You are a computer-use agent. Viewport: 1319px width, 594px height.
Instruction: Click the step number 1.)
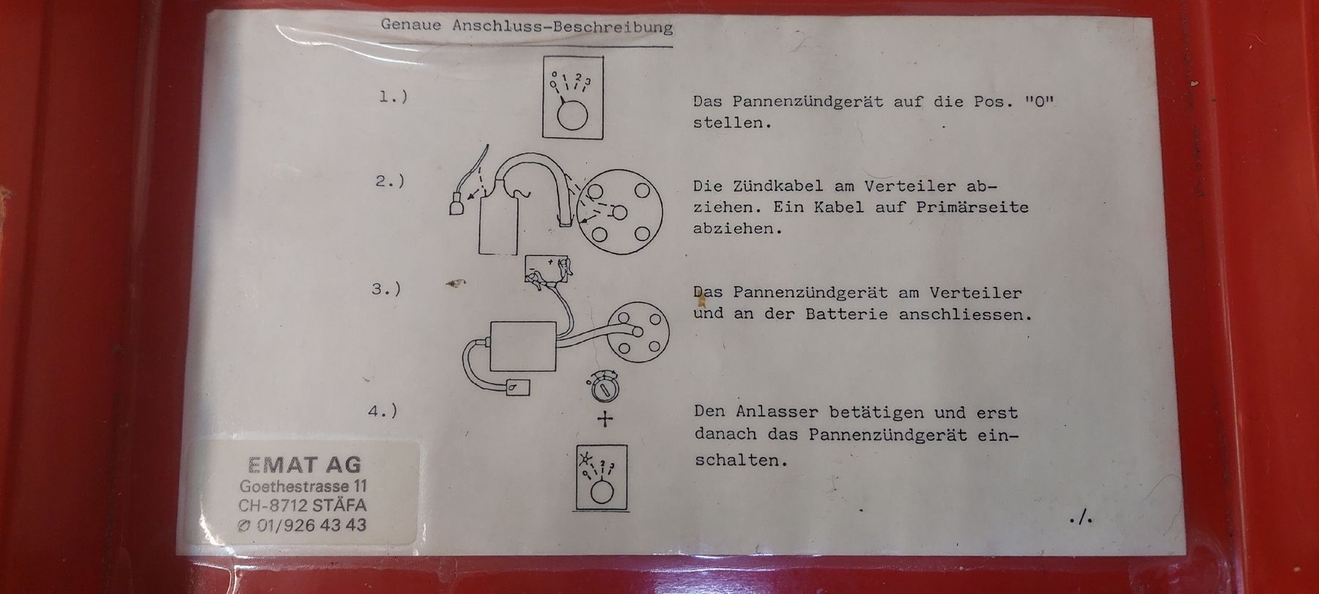(394, 96)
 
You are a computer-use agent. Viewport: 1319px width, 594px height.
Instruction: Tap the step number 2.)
(390, 181)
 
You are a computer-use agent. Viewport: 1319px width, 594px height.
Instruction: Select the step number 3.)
(386, 289)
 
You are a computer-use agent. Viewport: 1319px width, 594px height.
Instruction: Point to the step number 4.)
(383, 411)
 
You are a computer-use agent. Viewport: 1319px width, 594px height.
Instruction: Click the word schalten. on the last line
(741, 460)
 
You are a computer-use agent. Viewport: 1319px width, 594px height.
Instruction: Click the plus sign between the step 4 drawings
(605, 420)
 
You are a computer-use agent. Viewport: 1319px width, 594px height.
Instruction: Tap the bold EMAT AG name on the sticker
(305, 464)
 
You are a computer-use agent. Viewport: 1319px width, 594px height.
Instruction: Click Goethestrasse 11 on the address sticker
(304, 486)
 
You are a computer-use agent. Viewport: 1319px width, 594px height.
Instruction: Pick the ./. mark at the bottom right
(1082, 519)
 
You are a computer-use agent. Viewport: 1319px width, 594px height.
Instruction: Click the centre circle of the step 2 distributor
(619, 212)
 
